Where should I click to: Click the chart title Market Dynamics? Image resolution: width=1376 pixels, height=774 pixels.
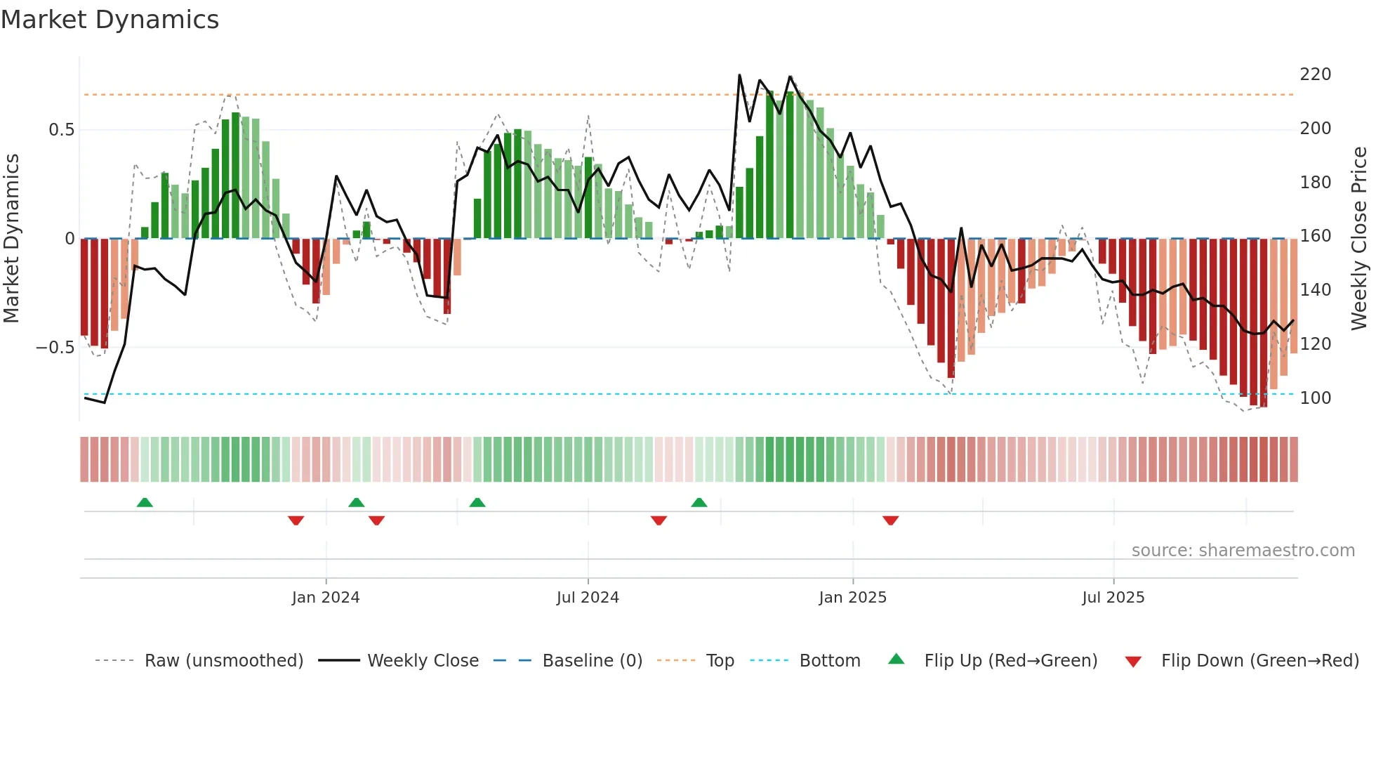(110, 20)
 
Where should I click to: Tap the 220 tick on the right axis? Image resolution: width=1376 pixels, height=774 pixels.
(1315, 74)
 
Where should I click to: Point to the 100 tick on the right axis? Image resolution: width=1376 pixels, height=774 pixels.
(1315, 398)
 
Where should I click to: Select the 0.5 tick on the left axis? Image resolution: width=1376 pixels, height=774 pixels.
(61, 130)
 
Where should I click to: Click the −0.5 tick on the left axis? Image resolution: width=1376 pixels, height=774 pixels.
(55, 348)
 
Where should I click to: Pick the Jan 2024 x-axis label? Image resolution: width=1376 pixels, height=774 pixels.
(326, 598)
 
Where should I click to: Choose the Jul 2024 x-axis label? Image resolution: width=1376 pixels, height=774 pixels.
(588, 598)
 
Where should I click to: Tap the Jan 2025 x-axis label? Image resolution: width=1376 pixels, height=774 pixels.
(852, 598)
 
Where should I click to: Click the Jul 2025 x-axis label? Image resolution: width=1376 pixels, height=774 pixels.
(1113, 598)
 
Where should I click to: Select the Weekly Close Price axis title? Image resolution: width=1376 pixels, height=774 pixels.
(1359, 238)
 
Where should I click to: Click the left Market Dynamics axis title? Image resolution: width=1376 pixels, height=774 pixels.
(12, 238)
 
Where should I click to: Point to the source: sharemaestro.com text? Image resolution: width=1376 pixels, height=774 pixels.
(1243, 551)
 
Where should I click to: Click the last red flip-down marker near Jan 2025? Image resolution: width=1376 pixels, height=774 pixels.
(890, 520)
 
